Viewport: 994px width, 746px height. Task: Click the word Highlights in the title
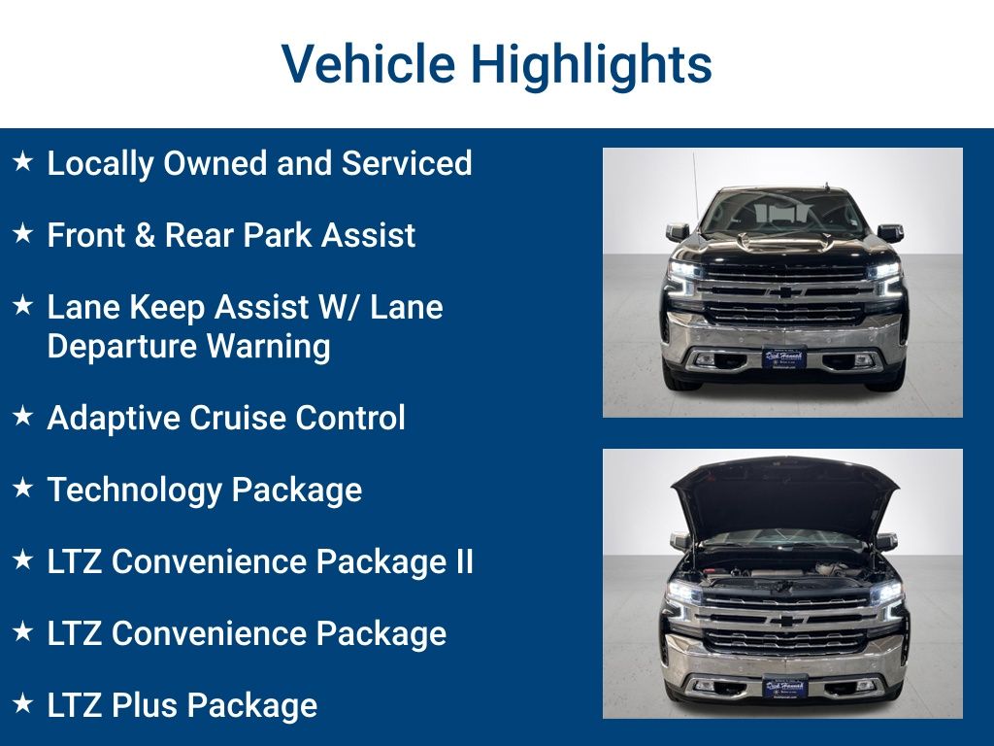pos(591,64)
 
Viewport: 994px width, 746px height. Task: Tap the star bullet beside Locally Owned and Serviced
pos(23,161)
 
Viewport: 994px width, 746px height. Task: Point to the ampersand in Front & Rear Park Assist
pos(144,235)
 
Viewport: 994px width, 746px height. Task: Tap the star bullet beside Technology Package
pos(23,488)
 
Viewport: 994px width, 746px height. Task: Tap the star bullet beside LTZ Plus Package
pos(23,703)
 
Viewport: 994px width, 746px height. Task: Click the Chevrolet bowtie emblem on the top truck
pos(782,291)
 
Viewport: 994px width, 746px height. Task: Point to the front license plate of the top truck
pos(782,356)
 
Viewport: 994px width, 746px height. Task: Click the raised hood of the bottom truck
pos(784,495)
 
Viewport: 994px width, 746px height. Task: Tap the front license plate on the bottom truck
pos(783,686)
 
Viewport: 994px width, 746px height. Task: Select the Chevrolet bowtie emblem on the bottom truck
pos(783,620)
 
